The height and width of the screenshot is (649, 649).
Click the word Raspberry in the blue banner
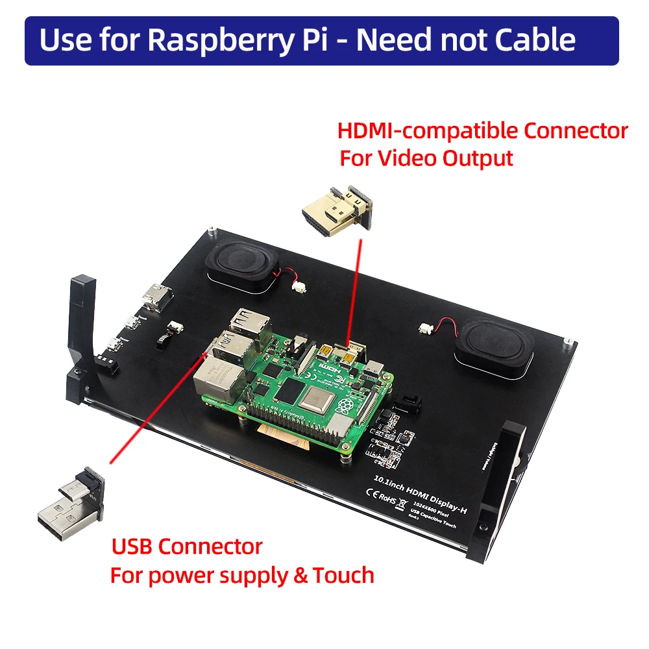point(204,40)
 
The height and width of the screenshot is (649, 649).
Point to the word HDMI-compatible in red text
point(428,131)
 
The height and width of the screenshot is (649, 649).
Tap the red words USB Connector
point(187,546)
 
